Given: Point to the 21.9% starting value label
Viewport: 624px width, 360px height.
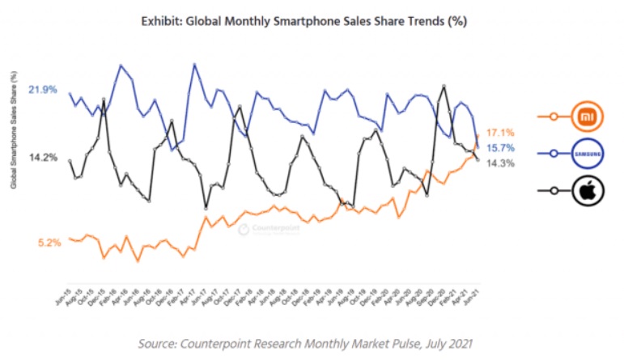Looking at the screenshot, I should (42, 90).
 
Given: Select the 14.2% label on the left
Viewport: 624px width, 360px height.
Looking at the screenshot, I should (42, 158).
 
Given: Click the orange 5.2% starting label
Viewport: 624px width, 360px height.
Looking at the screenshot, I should (49, 242).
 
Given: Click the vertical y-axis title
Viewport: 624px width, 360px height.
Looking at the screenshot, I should (14, 129).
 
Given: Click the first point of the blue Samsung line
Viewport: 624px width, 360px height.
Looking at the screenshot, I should (70, 93).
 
